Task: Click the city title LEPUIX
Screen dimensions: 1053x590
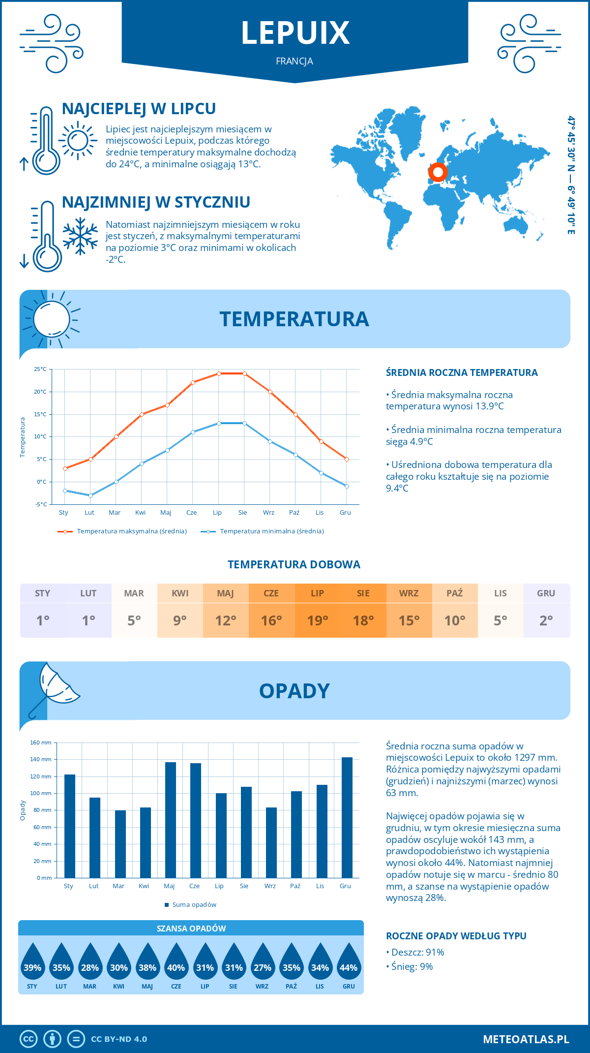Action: click(295, 32)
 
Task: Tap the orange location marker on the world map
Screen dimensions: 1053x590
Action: click(438, 172)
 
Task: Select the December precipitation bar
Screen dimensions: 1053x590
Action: click(347, 817)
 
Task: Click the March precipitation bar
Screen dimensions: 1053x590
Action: click(120, 844)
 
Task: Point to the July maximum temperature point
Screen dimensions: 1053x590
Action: click(219, 373)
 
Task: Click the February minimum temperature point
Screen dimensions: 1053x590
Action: click(90, 496)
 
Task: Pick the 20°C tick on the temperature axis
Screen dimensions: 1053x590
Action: click(40, 392)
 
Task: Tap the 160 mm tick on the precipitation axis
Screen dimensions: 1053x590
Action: click(41, 743)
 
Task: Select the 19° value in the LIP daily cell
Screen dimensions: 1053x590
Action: click(317, 620)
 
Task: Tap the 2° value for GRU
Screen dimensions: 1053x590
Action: click(546, 620)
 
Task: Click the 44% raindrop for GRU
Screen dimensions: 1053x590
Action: click(349, 963)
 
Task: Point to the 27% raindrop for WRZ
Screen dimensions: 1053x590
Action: click(262, 963)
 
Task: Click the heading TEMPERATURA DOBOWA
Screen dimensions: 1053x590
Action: click(294, 564)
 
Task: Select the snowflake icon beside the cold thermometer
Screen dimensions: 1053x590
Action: click(80, 236)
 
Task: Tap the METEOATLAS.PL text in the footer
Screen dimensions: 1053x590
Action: click(526, 1039)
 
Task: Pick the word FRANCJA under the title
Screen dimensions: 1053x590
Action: click(295, 61)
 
